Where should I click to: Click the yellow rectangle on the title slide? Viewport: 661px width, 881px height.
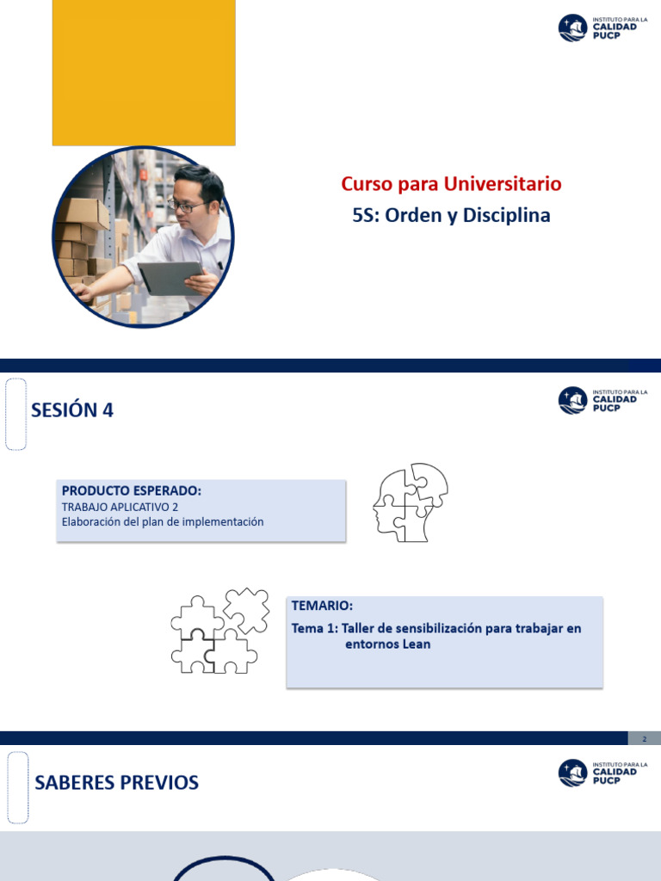click(144, 72)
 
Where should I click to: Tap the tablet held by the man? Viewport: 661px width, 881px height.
click(170, 277)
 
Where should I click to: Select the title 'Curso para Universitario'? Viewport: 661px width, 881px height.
click(451, 183)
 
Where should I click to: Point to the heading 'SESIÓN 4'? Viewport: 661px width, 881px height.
click(72, 410)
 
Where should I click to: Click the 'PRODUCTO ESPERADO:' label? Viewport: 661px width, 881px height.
click(132, 490)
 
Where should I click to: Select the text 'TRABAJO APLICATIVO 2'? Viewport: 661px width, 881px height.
click(120, 507)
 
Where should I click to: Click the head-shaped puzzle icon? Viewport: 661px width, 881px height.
click(410, 502)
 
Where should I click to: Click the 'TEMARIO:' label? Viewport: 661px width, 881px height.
click(322, 606)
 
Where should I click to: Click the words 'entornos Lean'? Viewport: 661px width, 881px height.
click(387, 644)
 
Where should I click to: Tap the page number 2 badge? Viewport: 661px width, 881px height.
click(643, 738)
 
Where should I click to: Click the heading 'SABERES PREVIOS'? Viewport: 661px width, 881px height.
click(116, 783)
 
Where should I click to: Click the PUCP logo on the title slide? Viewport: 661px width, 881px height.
click(598, 28)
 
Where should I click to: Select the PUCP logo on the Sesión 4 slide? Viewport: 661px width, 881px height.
click(598, 400)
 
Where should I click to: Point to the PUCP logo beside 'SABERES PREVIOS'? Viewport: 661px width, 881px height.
click(598, 773)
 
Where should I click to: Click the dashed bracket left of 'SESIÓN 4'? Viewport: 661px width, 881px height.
click(15, 414)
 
